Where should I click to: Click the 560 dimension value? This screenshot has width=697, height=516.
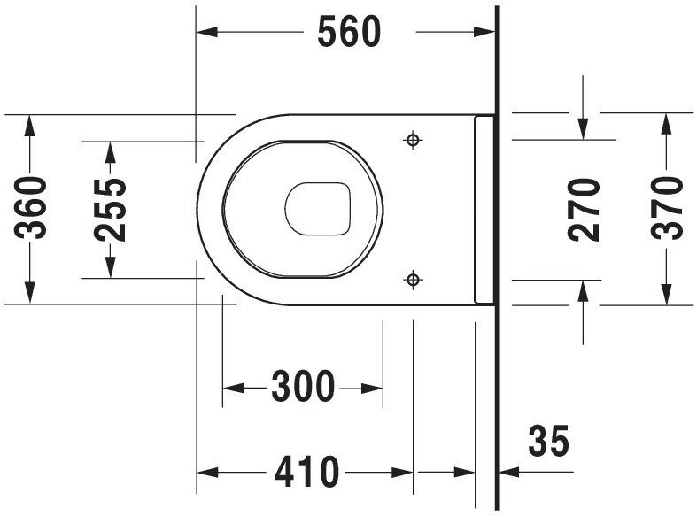(350, 32)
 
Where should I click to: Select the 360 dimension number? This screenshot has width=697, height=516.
(30, 208)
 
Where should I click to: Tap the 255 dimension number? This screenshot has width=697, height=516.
(110, 210)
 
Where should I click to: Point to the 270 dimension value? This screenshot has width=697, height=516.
(584, 210)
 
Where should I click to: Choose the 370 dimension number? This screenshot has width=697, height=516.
(666, 208)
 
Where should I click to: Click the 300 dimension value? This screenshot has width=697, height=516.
(303, 387)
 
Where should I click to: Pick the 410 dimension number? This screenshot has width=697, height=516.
(306, 472)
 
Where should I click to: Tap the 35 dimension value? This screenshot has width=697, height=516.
(548, 441)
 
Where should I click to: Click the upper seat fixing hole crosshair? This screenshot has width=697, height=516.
(413, 141)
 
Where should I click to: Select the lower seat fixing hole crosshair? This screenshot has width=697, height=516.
(413, 280)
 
